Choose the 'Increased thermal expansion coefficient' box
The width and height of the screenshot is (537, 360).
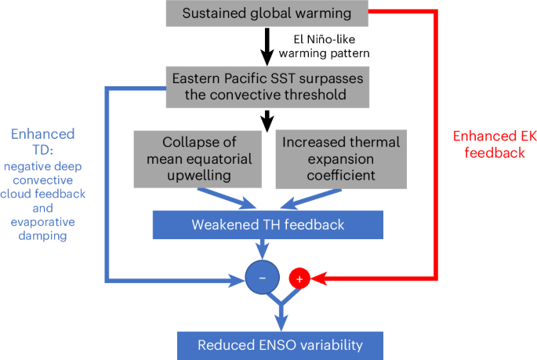341,160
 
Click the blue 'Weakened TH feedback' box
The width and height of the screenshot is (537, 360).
267,226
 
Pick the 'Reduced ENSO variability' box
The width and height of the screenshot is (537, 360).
280,344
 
